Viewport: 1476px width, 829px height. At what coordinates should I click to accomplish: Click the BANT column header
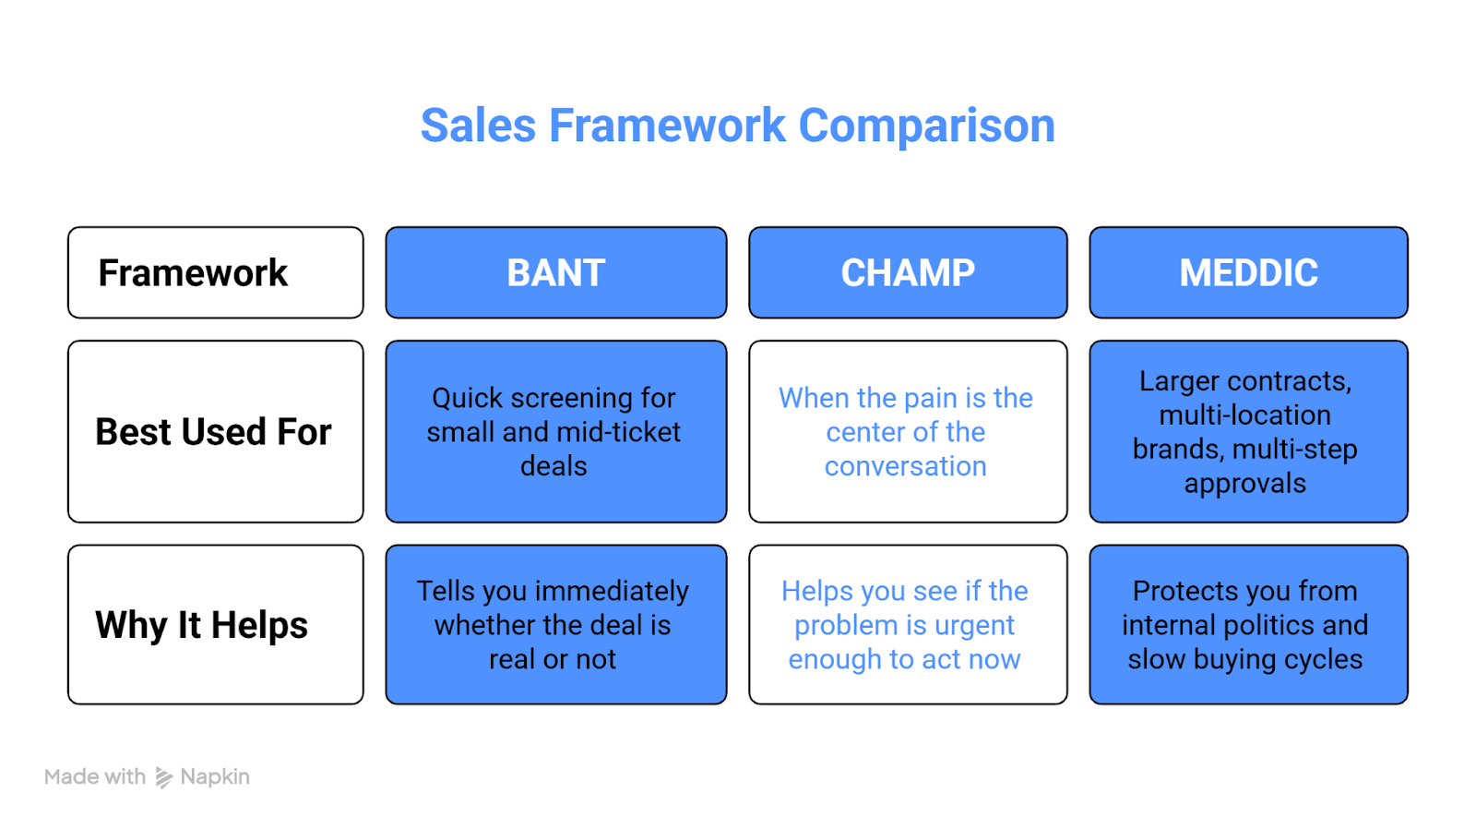tap(555, 272)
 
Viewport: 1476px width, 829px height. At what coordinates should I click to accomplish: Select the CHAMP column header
tap(908, 272)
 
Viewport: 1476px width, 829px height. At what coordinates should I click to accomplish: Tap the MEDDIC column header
tap(1248, 272)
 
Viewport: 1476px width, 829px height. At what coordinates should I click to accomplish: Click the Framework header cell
tap(215, 272)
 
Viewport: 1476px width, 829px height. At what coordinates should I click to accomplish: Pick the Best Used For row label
tap(215, 431)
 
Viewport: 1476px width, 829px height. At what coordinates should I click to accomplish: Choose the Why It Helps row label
tap(215, 624)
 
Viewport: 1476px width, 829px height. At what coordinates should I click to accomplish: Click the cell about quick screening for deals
tap(555, 431)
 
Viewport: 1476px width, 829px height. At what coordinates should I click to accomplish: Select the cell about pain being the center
tap(908, 431)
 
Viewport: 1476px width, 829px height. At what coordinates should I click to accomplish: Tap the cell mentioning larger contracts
tap(1248, 431)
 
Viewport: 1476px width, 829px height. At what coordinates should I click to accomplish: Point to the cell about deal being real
tap(555, 624)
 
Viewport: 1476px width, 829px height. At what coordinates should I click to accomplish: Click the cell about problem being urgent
tap(908, 624)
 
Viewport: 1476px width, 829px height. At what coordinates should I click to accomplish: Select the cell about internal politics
tap(1248, 624)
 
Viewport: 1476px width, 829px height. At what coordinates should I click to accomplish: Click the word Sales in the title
tap(478, 126)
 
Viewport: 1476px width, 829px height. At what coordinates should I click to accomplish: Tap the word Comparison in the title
tap(926, 126)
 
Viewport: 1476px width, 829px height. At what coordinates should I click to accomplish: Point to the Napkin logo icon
tap(163, 777)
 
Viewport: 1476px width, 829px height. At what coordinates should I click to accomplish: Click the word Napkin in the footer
tap(215, 777)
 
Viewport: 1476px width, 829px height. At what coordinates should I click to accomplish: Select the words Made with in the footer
tap(95, 777)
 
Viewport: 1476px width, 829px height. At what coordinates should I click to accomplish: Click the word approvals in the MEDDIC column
tap(1245, 484)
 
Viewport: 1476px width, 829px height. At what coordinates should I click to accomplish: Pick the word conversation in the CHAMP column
tap(906, 466)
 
